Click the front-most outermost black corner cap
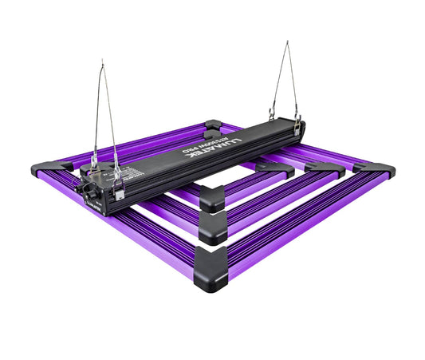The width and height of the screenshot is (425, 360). [x=211, y=258]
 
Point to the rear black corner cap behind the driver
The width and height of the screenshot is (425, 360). [x=214, y=125]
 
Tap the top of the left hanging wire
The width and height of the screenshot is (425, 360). [x=103, y=61]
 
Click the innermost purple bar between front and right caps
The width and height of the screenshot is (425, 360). [x=243, y=183]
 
